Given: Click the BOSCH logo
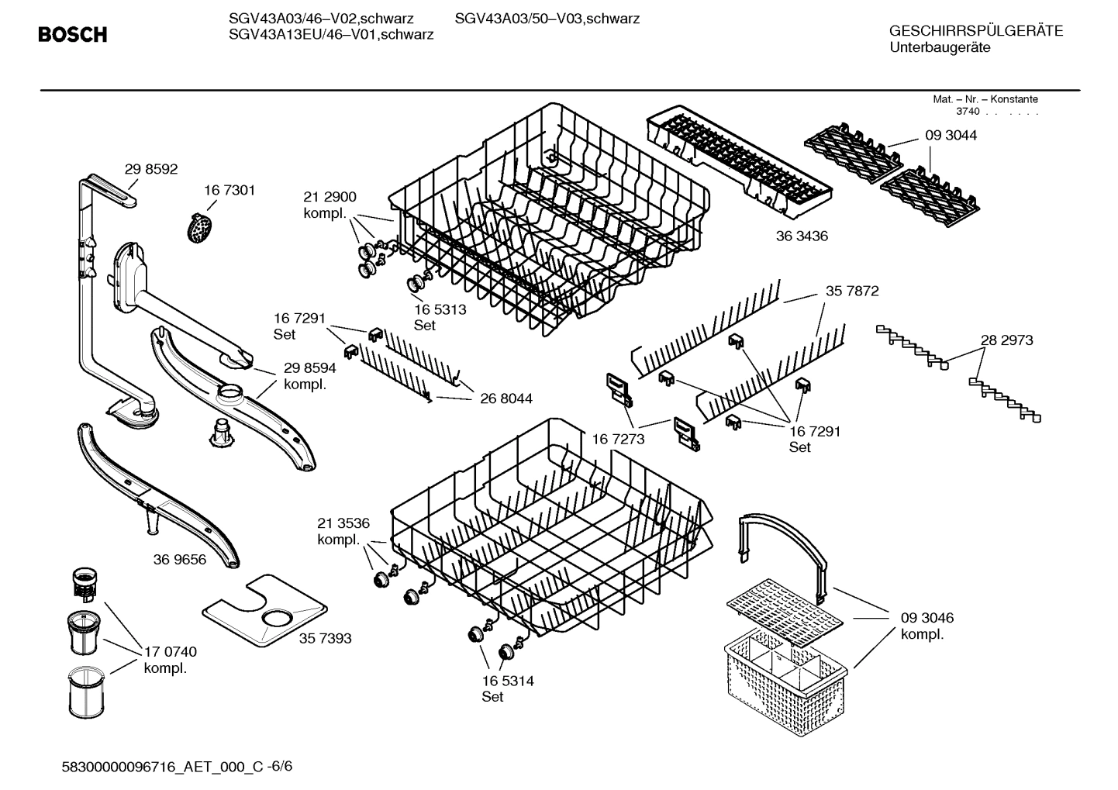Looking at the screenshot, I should [73, 35].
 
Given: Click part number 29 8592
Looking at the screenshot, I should [151, 169].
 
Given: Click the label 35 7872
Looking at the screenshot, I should [852, 291].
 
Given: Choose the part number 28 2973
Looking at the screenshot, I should [1006, 340].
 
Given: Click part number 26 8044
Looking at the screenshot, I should [506, 398].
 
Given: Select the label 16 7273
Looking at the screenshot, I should [618, 440].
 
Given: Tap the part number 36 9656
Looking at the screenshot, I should [180, 559].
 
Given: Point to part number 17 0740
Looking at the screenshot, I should [171, 652].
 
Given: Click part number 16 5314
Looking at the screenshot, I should [508, 681].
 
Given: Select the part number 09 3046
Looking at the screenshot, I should [927, 618].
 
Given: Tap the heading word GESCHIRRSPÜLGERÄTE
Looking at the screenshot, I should [976, 31].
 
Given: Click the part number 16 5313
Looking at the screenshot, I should [440, 309].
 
